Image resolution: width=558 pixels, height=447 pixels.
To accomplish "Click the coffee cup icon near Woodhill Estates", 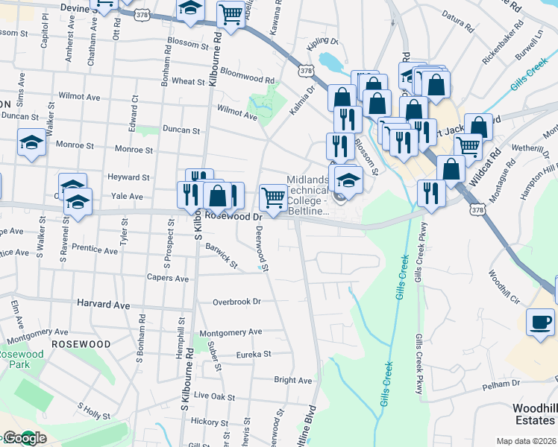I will click(540, 323).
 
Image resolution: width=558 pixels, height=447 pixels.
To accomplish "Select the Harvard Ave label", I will click(103, 305).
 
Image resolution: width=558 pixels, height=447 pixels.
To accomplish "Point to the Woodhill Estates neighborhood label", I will click(534, 414).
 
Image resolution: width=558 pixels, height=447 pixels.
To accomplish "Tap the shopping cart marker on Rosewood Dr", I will click(274, 198).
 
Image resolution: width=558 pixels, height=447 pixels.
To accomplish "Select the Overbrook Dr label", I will click(236, 302).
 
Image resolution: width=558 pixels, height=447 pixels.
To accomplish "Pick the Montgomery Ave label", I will click(230, 332).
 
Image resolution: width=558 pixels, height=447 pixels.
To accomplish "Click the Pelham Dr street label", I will click(501, 383).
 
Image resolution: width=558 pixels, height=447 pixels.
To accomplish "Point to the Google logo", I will click(24, 438).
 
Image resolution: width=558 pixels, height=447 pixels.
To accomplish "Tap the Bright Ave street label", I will click(292, 380).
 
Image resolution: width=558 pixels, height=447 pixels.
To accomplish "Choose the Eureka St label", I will click(252, 355).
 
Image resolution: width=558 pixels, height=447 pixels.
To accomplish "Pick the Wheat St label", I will click(183, 80).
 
